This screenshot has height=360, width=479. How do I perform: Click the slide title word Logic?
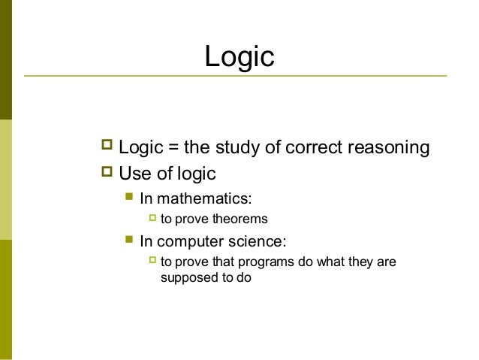click(x=240, y=56)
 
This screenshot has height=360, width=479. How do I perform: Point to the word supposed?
click(x=186, y=277)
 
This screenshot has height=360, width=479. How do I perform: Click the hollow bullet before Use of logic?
click(x=106, y=174)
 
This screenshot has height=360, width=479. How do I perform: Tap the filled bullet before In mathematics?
click(x=129, y=199)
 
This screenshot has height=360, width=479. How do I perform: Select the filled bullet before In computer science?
click(x=129, y=241)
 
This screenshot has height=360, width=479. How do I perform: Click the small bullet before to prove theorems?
click(x=152, y=219)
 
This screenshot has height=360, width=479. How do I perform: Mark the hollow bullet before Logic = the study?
click(x=106, y=147)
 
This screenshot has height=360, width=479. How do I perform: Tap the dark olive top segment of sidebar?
click(x=6, y=59)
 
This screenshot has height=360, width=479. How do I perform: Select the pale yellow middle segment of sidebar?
click(x=6, y=179)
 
